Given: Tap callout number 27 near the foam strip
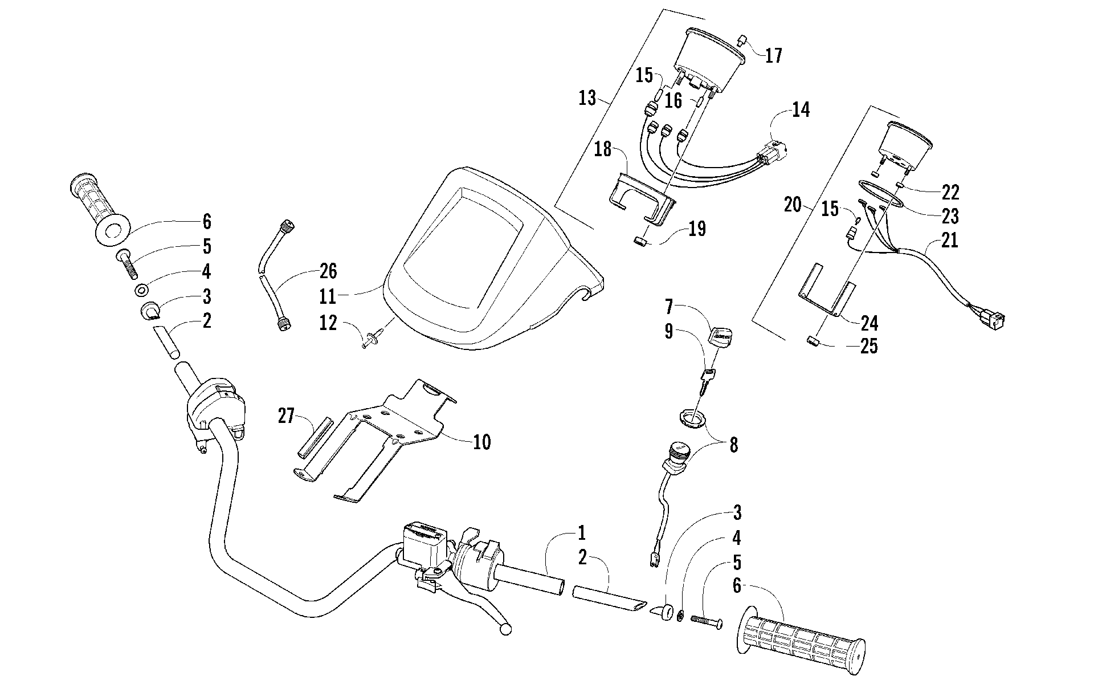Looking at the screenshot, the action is tap(286, 416).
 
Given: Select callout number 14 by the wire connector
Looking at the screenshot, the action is tap(800, 109).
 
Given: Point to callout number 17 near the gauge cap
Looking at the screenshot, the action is tap(773, 56).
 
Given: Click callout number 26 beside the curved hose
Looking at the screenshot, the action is tap(328, 271).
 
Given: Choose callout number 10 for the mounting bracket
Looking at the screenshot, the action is tap(482, 442).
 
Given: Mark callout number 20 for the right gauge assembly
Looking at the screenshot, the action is tap(793, 205).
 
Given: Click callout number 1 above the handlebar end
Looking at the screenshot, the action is tap(582, 534).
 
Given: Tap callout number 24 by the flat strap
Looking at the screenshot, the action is tap(869, 323).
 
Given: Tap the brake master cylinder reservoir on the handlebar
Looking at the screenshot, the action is tap(423, 539).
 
